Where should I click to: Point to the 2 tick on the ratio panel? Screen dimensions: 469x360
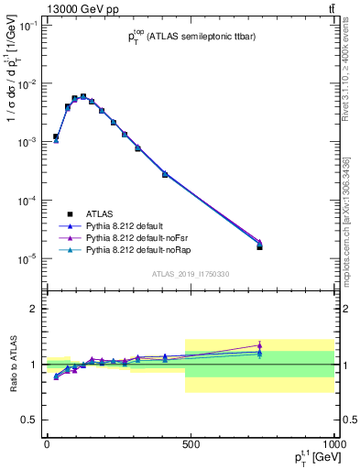(x=34, y=309)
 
